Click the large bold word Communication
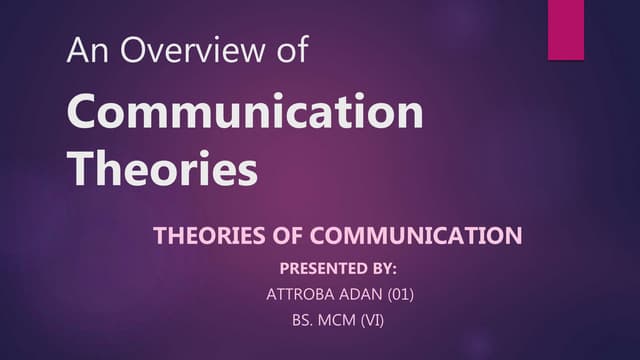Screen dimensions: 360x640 [x=246, y=113]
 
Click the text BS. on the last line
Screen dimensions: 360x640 [x=299, y=323]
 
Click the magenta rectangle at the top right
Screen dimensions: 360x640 [x=564, y=29]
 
